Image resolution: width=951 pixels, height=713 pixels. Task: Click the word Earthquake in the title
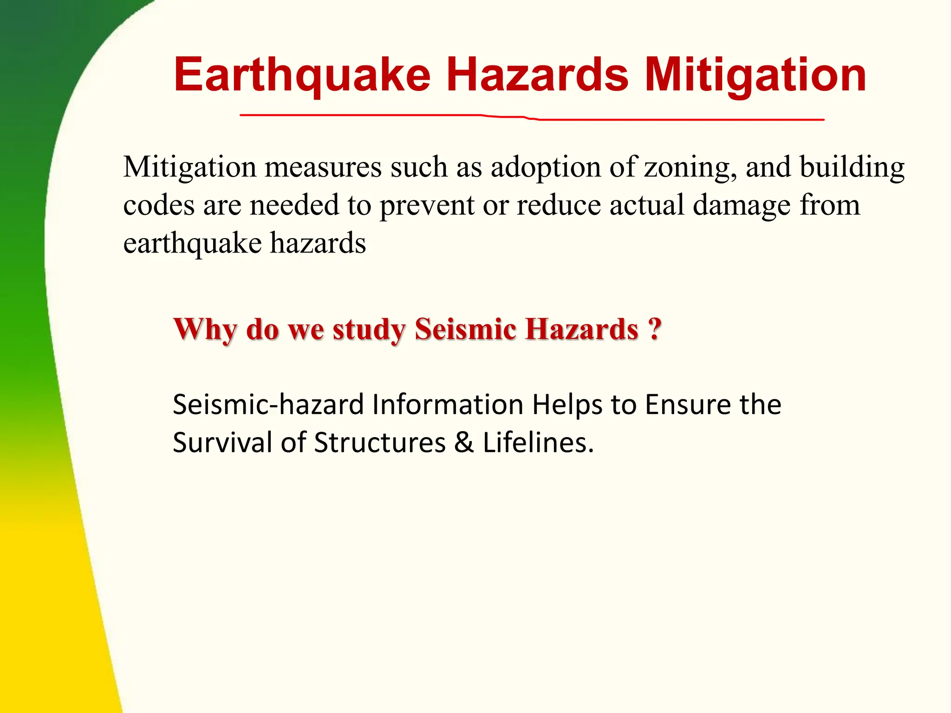point(302,75)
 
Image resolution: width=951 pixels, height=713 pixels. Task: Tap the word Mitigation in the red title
point(756,75)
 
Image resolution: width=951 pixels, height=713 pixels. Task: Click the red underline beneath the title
point(532,117)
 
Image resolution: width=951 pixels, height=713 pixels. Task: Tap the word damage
point(742,206)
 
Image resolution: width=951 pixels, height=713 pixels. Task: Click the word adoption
point(546,167)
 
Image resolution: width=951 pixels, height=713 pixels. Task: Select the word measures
point(323,168)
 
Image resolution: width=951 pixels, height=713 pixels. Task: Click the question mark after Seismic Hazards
point(654,329)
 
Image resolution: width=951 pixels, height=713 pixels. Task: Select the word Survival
point(222,442)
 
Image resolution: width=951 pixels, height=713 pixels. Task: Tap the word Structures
point(380,442)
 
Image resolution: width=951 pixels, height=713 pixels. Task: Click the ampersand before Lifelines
point(464,442)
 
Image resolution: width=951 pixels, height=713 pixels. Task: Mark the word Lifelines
point(538,442)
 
